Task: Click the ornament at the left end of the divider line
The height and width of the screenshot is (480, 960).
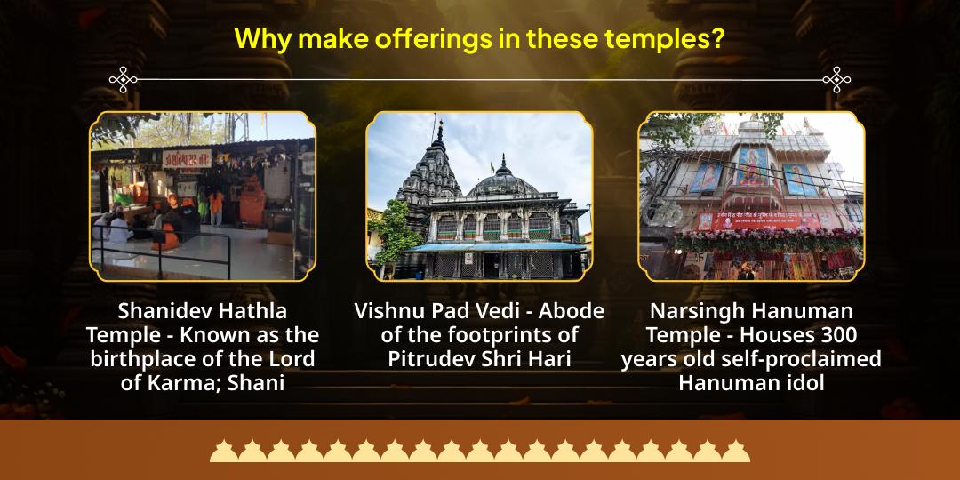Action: [x=123, y=80]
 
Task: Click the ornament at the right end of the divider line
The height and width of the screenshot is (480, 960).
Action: [x=836, y=80]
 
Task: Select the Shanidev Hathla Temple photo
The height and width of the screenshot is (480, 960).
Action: [x=203, y=196]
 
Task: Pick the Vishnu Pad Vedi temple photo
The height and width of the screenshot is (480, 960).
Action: [x=479, y=196]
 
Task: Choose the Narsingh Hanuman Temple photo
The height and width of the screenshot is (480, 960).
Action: [x=751, y=196]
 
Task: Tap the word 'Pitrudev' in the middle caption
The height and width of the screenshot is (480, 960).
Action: [x=429, y=359]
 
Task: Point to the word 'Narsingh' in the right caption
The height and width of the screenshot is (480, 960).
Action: [x=697, y=312]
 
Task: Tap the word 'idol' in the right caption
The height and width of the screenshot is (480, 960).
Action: [x=804, y=383]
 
